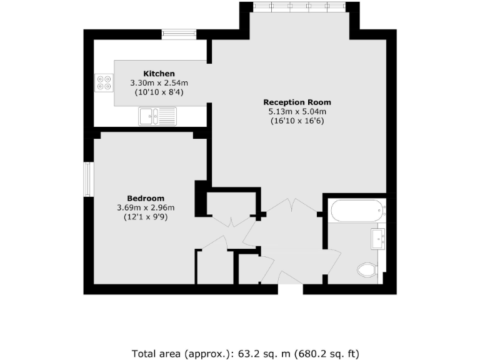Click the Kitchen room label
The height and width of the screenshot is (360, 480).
pos(159,73)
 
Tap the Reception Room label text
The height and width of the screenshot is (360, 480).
pos(297,102)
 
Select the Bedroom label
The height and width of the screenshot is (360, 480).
pos(145,198)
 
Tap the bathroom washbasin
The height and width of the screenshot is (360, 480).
pos(378,237)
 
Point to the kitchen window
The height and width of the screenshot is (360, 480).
pos(175,34)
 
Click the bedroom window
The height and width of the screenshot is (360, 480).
pos(89,179)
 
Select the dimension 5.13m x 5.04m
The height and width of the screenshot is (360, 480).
pos(297,112)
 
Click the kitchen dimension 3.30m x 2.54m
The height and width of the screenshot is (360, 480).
pos(159,82)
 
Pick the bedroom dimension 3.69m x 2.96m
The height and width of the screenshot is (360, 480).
pos(145,207)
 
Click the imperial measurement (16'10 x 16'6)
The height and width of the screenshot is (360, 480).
pos(297,121)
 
